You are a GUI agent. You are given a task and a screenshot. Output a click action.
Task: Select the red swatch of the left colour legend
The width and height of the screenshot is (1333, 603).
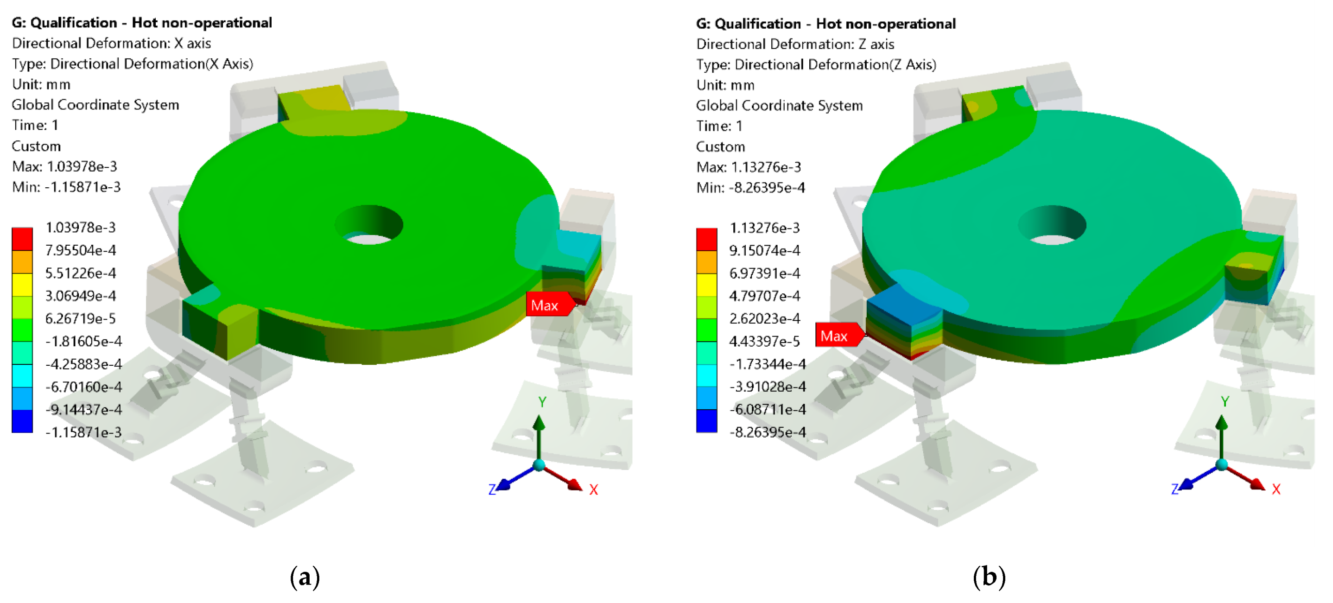[22, 239]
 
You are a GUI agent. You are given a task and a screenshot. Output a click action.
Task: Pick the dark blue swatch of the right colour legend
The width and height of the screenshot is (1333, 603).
[706, 420]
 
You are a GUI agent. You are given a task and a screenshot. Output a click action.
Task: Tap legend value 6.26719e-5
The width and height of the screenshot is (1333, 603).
[80, 318]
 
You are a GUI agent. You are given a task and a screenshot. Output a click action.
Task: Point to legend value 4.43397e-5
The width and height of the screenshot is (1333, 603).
[764, 341]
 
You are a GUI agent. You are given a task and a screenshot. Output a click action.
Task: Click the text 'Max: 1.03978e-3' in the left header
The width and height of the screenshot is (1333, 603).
[65, 166]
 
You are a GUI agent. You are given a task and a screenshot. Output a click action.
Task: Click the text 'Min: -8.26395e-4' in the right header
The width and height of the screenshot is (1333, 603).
[750, 187]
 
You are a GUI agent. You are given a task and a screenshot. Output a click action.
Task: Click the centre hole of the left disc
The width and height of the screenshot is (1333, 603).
[368, 225]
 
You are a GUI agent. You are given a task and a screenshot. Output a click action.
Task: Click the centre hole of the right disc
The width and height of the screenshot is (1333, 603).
[1052, 225]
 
